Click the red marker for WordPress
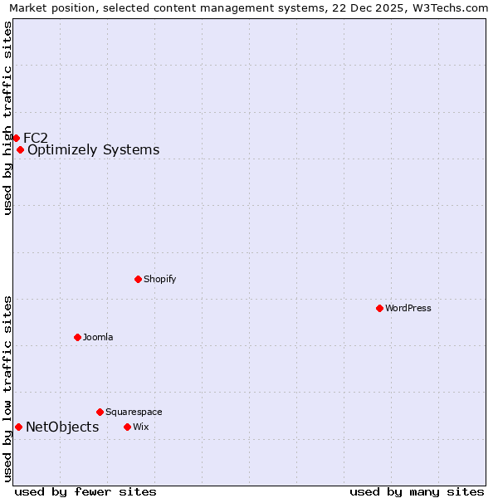click(379, 308)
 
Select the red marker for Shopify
click(139, 279)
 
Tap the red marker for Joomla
click(77, 337)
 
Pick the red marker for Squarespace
click(100, 412)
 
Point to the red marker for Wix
click(127, 427)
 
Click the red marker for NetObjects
click(18, 427)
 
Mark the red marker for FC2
click(16, 138)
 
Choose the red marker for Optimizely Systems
click(20, 149)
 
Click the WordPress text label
click(408, 308)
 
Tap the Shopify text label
click(160, 279)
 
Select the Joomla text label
click(98, 337)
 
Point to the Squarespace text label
click(134, 412)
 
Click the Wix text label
click(140, 427)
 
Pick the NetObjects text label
click(62, 427)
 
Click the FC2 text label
click(36, 138)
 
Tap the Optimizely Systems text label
click(94, 149)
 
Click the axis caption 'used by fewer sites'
click(85, 491)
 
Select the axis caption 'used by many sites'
click(417, 491)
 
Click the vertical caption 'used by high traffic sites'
click(7, 118)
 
